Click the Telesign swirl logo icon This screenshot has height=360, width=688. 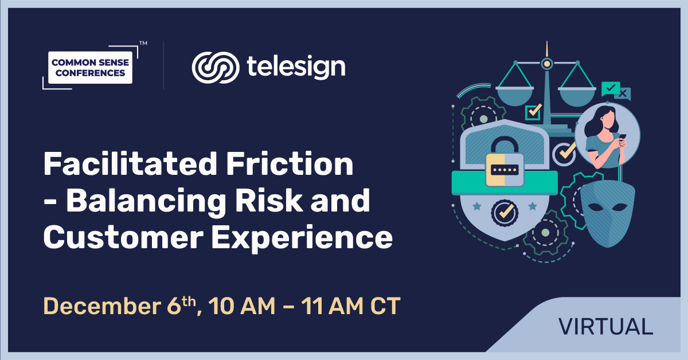coord(214,67)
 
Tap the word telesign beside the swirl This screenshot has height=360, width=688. coord(296,67)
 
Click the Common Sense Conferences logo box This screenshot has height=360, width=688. coord(91,67)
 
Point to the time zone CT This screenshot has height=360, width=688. coord(382,306)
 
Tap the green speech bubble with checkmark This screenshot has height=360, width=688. coord(610,88)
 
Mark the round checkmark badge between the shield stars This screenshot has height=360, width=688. coord(504,211)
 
